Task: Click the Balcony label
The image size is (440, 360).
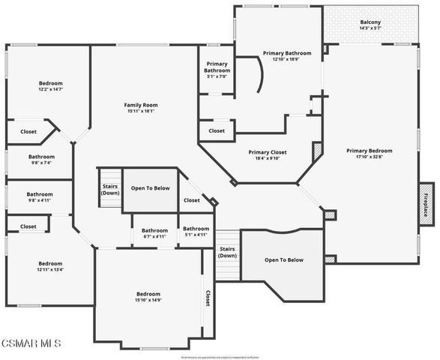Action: click(x=370, y=22)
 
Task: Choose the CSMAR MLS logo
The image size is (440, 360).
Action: click(x=31, y=344)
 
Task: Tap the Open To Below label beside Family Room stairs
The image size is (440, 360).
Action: click(x=150, y=187)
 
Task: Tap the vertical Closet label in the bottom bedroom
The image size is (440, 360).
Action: click(x=208, y=299)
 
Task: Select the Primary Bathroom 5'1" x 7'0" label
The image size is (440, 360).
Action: click(x=216, y=70)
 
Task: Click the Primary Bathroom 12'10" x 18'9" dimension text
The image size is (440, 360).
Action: click(x=286, y=59)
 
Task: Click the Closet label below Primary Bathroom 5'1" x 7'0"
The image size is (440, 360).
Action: click(x=217, y=130)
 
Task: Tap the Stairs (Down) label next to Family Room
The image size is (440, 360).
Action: click(x=110, y=188)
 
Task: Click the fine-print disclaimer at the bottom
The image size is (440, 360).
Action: click(x=220, y=356)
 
